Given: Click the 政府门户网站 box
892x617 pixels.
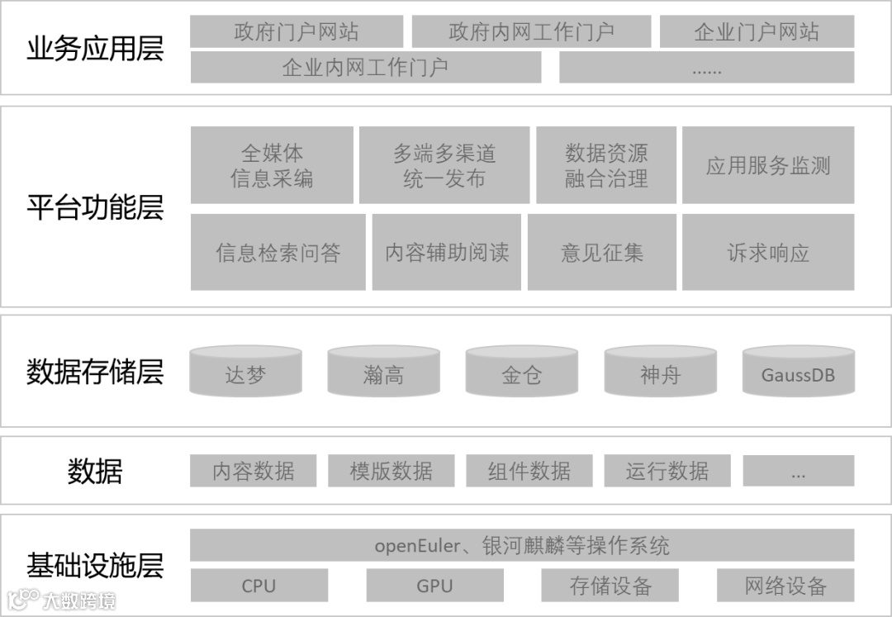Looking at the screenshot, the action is point(297,32).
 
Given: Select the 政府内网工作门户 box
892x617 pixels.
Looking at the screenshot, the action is point(531,32).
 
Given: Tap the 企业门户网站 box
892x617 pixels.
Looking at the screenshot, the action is point(757,32).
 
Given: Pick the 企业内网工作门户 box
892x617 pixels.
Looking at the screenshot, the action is point(365,67).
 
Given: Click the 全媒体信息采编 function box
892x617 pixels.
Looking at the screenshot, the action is point(272,165).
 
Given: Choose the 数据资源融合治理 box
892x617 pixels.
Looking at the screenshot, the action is point(606,165).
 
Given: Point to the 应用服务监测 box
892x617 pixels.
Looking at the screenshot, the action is point(768,165).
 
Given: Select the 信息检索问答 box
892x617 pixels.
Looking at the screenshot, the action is point(278,253).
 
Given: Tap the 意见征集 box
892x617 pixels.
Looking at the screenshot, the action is point(602,253).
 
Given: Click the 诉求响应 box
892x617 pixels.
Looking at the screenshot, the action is point(768,253).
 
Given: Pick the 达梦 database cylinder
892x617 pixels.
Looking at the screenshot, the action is point(245,373).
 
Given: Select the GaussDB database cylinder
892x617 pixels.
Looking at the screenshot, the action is point(798,373).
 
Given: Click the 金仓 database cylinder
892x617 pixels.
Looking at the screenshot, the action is point(521,373).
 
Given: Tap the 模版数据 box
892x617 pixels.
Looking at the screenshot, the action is point(391,471).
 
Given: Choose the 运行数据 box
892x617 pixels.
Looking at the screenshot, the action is point(667,471).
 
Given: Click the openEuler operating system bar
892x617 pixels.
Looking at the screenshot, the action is point(522,545).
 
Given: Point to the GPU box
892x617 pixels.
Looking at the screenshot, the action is point(434,586).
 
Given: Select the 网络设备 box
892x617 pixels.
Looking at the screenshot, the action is point(785,586).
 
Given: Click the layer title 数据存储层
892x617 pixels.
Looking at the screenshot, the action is point(95,372).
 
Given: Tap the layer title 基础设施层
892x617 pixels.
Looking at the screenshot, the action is point(95,566).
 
